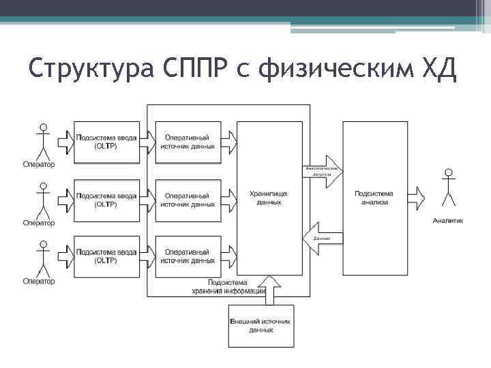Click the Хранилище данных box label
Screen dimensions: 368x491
[269, 198]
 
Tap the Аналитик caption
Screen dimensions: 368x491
[447, 220]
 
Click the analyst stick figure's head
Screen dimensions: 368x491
[448, 173]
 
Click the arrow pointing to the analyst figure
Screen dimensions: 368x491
[416, 198]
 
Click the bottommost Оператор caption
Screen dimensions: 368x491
[39, 281]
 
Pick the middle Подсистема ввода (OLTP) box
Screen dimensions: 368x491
[106, 199]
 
